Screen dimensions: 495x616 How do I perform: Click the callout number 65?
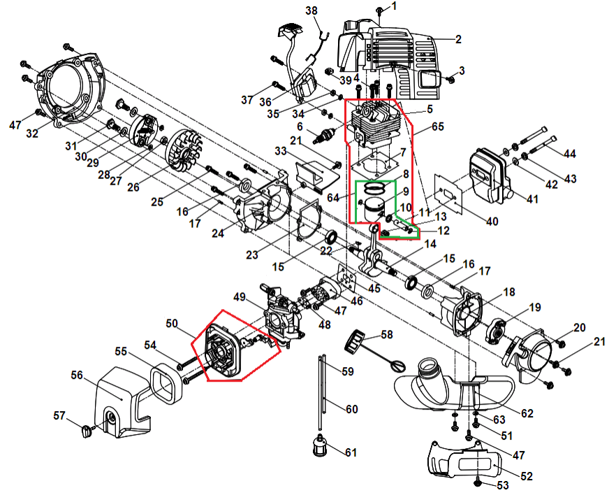coord(438,127)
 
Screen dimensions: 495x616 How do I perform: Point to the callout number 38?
coord(311,10)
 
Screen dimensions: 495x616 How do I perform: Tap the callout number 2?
coord(458,39)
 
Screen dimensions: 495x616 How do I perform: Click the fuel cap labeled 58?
coord(355,341)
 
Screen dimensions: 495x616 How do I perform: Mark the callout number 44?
coord(570,153)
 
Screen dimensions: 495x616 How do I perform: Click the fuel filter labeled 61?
coord(321,447)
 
